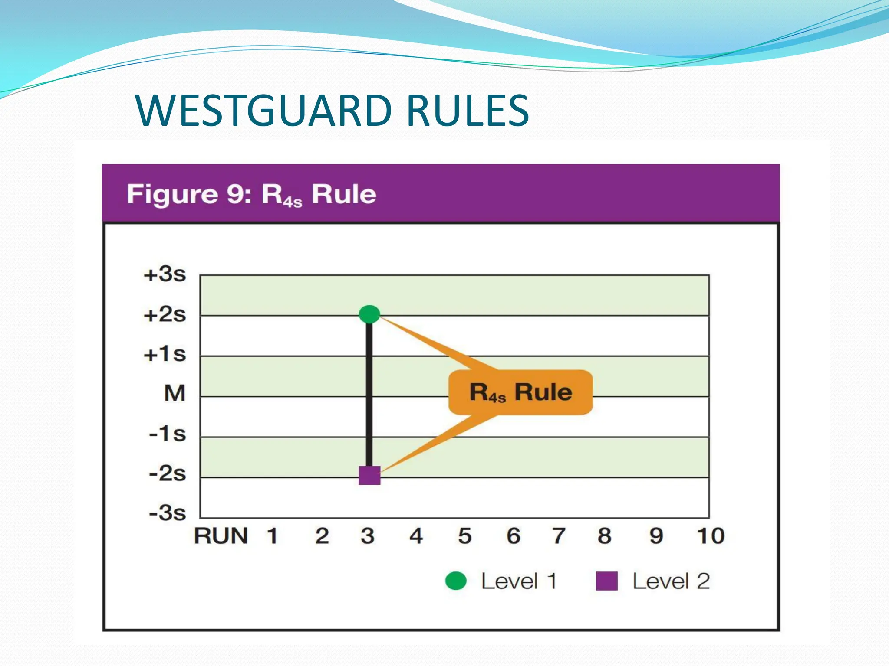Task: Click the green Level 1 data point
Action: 369,314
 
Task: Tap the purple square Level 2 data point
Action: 369,475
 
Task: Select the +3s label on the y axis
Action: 165,274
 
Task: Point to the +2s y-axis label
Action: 165,314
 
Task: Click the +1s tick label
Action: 165,354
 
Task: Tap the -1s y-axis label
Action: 168,434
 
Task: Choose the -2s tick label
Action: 168,473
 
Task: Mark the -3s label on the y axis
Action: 168,513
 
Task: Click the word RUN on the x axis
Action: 221,536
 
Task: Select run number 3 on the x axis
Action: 368,536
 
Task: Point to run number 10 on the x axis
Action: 711,536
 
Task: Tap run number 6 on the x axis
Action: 514,536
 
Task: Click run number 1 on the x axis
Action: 272,536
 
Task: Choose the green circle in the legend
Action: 456,581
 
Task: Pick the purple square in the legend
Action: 606,581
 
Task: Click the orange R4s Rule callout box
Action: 520,392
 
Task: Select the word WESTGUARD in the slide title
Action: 263,111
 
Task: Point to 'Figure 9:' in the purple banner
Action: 189,194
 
